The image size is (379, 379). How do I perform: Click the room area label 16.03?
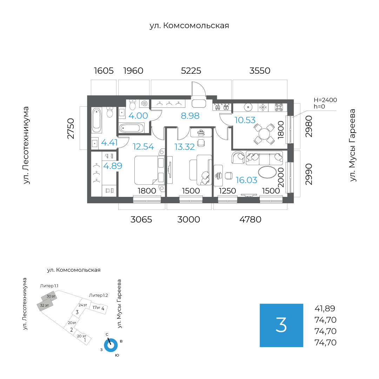tap(246, 180)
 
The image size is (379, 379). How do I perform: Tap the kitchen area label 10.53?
tap(245, 120)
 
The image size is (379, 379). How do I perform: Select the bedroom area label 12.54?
tap(143, 147)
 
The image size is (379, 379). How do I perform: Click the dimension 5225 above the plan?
tap(191, 71)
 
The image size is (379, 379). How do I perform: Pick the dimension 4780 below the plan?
tap(250, 220)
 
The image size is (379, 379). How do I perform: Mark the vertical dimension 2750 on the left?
tap(71, 128)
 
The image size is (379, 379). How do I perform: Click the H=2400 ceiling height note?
tap(325, 100)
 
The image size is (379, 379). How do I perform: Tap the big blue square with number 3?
tap(281, 325)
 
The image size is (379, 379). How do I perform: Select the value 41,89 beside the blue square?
tap(325, 309)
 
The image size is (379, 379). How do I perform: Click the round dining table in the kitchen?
tap(264, 134)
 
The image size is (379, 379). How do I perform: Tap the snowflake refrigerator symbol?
tap(262, 107)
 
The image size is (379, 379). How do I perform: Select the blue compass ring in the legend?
tap(111, 345)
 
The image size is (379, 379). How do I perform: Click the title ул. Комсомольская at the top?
tap(189, 26)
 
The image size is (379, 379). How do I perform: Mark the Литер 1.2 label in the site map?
tap(98, 295)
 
